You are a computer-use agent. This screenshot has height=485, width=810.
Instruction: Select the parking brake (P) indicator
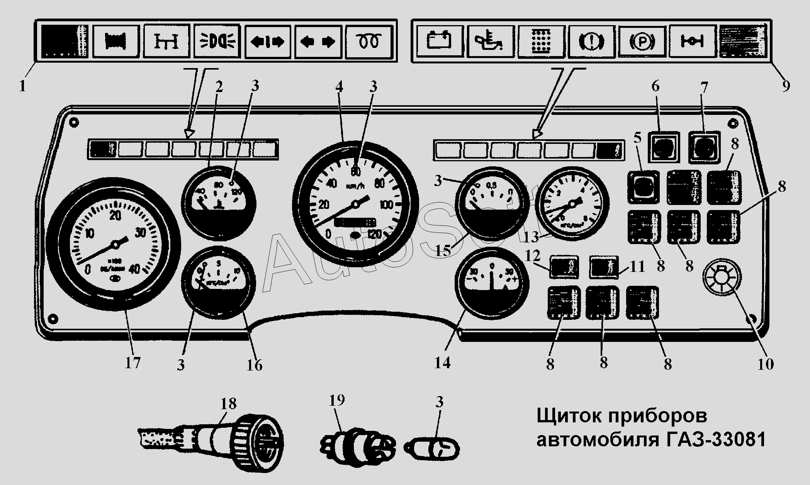[642, 41]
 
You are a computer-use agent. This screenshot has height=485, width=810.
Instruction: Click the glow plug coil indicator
[368, 41]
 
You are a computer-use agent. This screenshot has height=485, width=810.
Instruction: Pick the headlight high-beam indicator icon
[217, 41]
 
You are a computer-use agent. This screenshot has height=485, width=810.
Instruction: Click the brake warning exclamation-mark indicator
[591, 41]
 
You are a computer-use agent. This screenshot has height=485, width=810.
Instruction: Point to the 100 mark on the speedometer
[386, 205]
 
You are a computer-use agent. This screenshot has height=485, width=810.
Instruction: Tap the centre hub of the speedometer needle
[355, 204]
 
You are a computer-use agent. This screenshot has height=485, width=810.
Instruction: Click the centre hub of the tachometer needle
[115, 244]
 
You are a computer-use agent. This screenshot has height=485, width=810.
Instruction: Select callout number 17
[132, 363]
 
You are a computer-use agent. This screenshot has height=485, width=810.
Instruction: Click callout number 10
[765, 364]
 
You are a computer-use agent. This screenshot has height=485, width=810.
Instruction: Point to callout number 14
[442, 363]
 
